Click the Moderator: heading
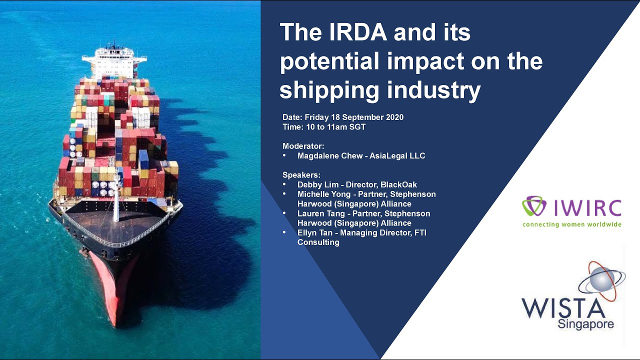tap(303, 146)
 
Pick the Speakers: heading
tap(301, 175)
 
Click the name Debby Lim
tap(317, 184)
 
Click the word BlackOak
tap(398, 184)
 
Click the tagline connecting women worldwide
tap(571, 224)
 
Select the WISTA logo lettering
tap(563, 307)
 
